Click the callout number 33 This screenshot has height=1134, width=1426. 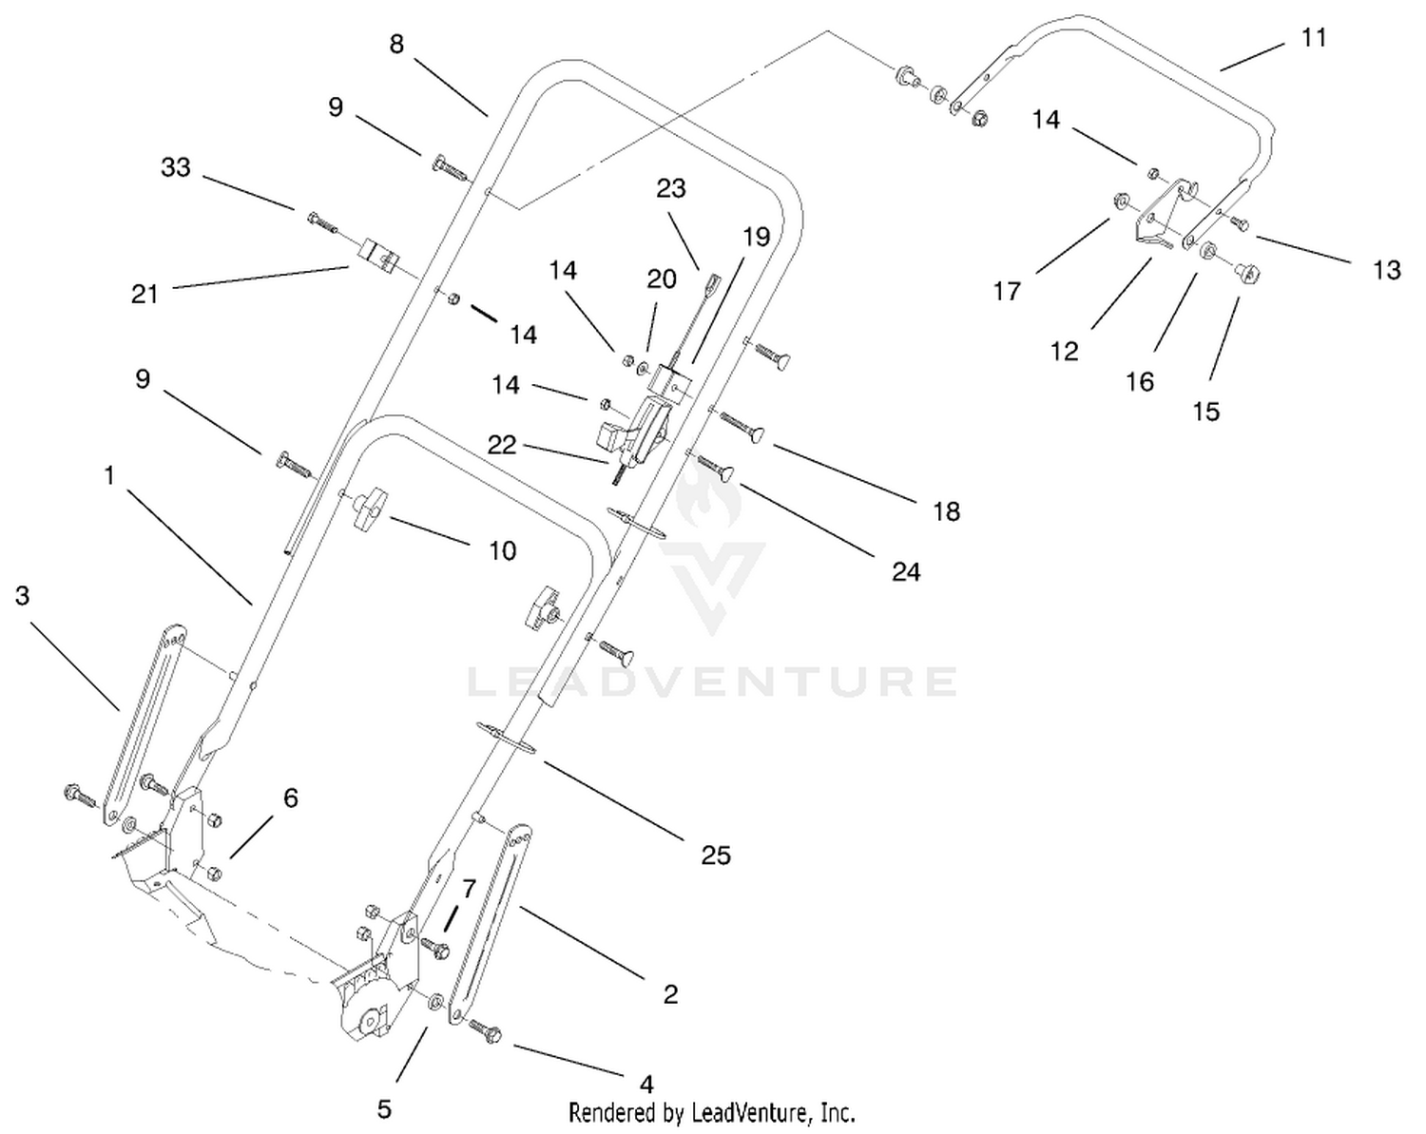[176, 167]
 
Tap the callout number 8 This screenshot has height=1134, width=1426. [396, 45]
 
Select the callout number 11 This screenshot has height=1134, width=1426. [1314, 38]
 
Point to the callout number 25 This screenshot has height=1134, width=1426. [716, 855]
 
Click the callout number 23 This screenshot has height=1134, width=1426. [670, 188]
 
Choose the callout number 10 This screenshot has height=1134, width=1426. [502, 550]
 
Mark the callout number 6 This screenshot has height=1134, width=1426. [291, 798]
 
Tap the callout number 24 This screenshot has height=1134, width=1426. [906, 571]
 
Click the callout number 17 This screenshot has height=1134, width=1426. [1007, 290]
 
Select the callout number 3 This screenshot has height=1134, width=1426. [23, 595]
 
